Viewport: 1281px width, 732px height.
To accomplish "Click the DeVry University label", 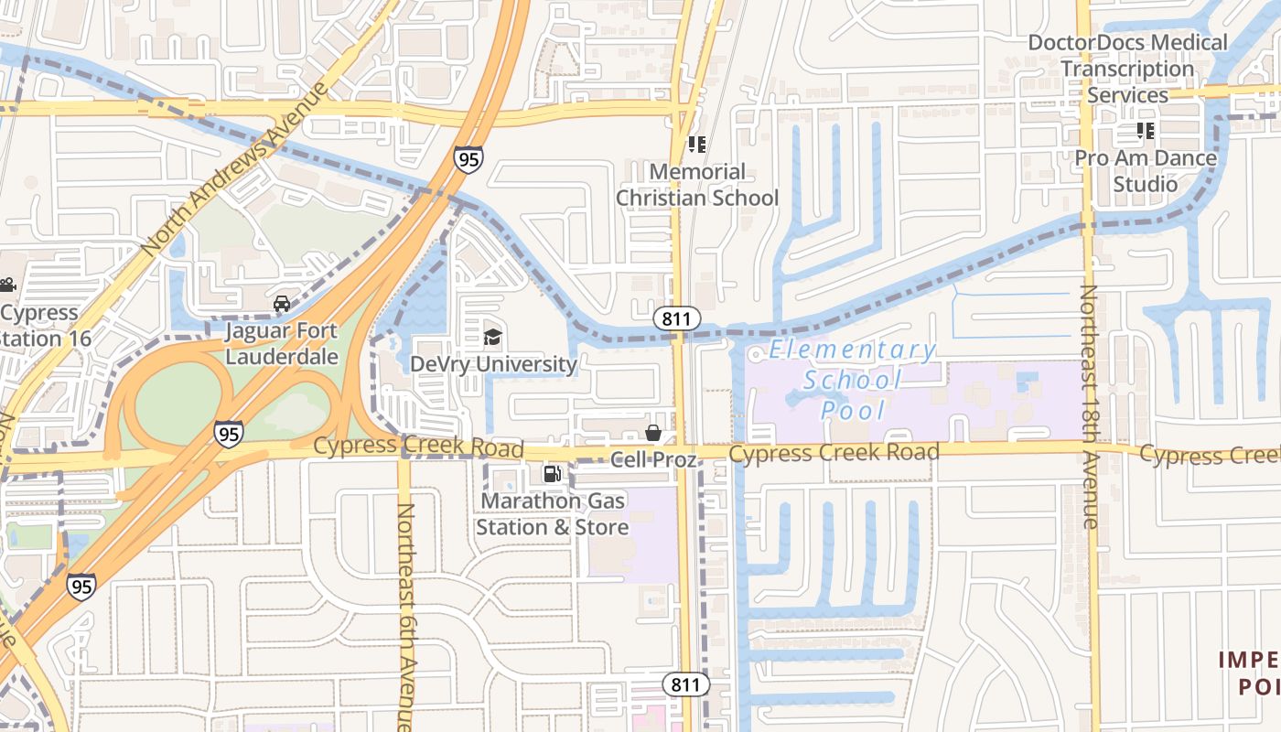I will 493,364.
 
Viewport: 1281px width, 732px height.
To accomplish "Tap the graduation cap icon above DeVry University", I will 493,338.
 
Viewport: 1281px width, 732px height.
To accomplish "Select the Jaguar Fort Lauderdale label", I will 282,343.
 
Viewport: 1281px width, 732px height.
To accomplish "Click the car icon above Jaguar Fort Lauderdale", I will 282,303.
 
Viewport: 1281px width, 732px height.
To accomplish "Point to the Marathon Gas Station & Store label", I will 552,514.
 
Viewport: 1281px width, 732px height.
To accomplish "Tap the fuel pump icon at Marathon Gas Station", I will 552,473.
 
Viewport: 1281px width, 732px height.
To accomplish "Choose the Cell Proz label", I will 653,459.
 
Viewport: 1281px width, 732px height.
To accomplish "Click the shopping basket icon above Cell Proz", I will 653,432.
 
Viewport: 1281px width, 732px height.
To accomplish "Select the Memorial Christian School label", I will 697,185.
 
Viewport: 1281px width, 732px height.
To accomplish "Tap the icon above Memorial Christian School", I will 697,144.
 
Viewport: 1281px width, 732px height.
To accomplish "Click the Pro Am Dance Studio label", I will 1146,171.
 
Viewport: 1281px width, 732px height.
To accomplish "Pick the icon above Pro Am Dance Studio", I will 1146,131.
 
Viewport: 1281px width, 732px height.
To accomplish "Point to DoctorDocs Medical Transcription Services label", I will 1127,69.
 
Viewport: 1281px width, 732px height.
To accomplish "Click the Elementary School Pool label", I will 853,380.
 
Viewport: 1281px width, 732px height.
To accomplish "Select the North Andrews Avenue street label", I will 235,170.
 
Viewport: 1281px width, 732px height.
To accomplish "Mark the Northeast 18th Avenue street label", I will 1089,407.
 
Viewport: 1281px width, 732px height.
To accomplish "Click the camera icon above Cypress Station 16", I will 7,285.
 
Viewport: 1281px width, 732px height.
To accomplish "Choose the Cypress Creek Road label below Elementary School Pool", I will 834,452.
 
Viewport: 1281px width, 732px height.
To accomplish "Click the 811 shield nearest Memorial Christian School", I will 677,318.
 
